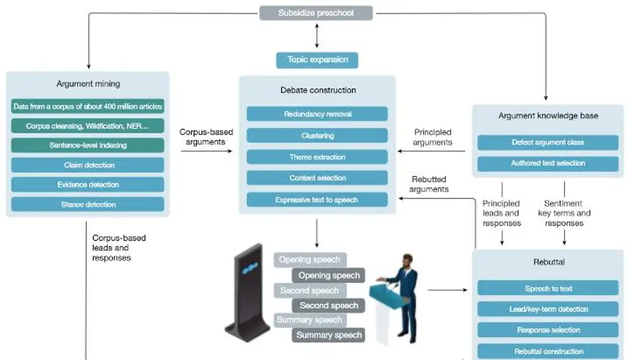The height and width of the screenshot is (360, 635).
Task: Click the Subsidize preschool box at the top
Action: pyautogui.click(x=316, y=13)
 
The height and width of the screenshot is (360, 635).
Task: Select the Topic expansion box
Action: pyautogui.click(x=317, y=60)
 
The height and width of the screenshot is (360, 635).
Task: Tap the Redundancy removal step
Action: pyautogui.click(x=317, y=114)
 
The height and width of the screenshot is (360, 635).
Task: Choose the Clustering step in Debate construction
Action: pyautogui.click(x=317, y=135)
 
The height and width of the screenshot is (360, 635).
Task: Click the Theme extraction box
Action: pyautogui.click(x=317, y=157)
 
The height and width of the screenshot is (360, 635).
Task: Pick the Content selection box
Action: pyautogui.click(x=317, y=178)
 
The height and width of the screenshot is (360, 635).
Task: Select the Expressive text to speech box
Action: pyautogui.click(x=317, y=199)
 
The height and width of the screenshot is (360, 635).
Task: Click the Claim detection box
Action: pyautogui.click(x=88, y=165)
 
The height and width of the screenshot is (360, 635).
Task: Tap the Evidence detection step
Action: pyautogui.click(x=88, y=185)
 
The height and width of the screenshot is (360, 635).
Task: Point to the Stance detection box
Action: pyautogui.click(x=88, y=204)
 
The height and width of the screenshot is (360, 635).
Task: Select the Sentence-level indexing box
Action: pyautogui.click(x=88, y=145)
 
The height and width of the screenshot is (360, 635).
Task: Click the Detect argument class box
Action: pyautogui.click(x=548, y=142)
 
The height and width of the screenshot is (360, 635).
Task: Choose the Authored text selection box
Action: pyautogui.click(x=548, y=163)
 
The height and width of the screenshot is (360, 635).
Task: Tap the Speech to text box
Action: pyautogui.click(x=548, y=288)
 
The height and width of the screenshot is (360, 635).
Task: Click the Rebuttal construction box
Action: pyautogui.click(x=548, y=351)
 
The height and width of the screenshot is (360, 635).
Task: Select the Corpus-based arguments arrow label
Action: pyautogui.click(x=206, y=137)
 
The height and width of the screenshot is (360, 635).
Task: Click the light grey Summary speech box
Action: pyautogui.click(x=310, y=320)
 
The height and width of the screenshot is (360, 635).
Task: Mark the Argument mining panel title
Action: pyautogui.click(x=88, y=84)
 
